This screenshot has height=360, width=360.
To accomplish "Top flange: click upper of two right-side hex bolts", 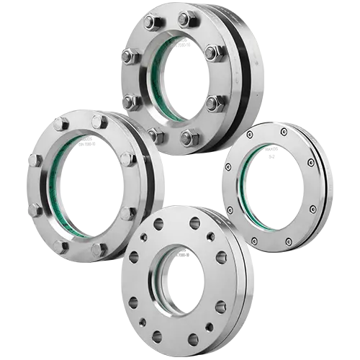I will click(212, 53).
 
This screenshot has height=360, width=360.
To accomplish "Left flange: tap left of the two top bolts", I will click(60, 124).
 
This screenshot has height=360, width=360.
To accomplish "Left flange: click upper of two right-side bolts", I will click(126, 159).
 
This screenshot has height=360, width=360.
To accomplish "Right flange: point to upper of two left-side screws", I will click(229, 166).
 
